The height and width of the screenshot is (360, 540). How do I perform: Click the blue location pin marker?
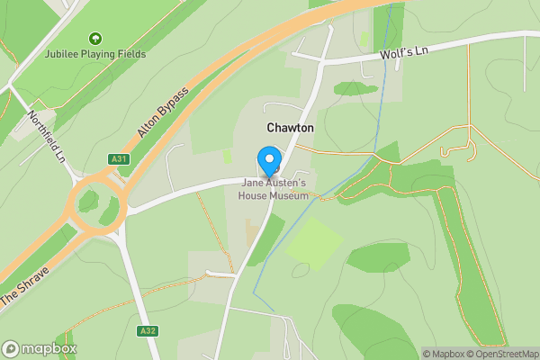269,161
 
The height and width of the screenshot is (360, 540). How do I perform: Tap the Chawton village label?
290,129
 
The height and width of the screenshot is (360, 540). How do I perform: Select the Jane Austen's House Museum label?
274,189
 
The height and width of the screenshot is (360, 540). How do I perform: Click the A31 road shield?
116,159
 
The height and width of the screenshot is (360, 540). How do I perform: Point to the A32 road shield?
148,331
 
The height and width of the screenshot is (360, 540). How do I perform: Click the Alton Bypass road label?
163,112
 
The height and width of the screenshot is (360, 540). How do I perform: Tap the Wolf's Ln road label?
404,52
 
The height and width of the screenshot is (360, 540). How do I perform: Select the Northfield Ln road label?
48,136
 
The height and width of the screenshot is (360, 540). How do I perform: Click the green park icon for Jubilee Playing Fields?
95,39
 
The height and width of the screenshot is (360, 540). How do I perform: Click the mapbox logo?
39,348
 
